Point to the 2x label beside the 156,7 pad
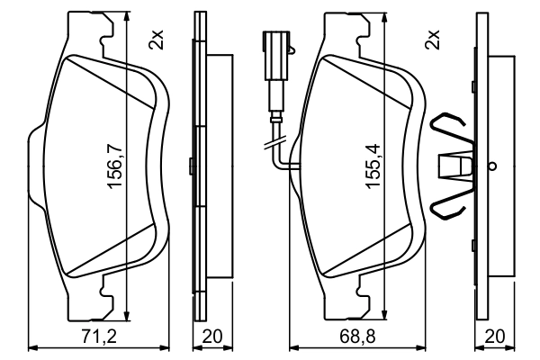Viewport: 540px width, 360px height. (x=157, y=39)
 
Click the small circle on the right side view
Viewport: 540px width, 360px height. (x=491, y=166)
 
